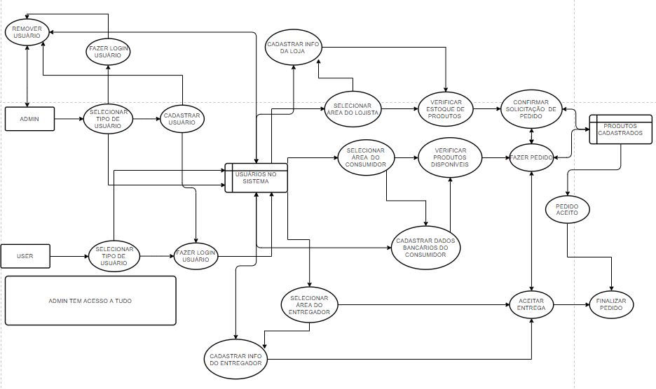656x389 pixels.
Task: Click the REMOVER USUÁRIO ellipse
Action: tap(27, 32)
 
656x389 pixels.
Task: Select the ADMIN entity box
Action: tap(29, 119)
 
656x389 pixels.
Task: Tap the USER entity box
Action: tap(25, 256)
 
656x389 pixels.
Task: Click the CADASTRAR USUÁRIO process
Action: tap(182, 119)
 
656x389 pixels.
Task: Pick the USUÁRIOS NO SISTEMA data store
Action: tap(256, 178)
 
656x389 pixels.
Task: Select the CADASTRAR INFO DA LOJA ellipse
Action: tap(293, 47)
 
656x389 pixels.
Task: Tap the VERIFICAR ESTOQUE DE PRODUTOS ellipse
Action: tap(446, 109)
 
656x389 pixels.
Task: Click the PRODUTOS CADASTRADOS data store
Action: tap(615, 129)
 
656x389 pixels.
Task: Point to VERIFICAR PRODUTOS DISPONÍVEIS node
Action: tap(451, 158)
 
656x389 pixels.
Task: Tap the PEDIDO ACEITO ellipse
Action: tap(568, 209)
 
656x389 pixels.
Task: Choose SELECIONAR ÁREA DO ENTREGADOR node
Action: tap(309, 304)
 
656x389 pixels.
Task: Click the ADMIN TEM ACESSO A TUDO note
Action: tap(90, 300)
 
